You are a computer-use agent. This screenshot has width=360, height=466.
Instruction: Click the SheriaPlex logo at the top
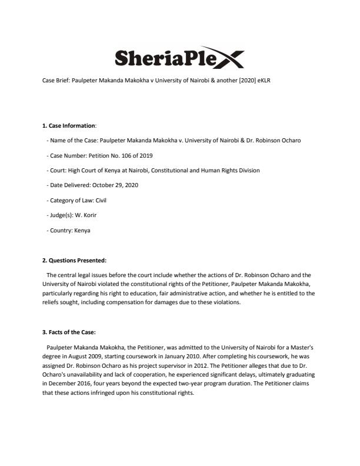(x=179, y=58)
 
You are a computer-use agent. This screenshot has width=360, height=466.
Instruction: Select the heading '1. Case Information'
(x=69, y=125)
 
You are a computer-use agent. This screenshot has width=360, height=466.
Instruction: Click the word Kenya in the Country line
(x=82, y=231)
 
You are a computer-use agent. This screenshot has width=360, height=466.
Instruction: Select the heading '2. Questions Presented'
(x=74, y=261)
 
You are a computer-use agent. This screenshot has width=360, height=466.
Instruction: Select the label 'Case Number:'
(x=65, y=155)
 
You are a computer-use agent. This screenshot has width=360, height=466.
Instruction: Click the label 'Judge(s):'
(x=61, y=215)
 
